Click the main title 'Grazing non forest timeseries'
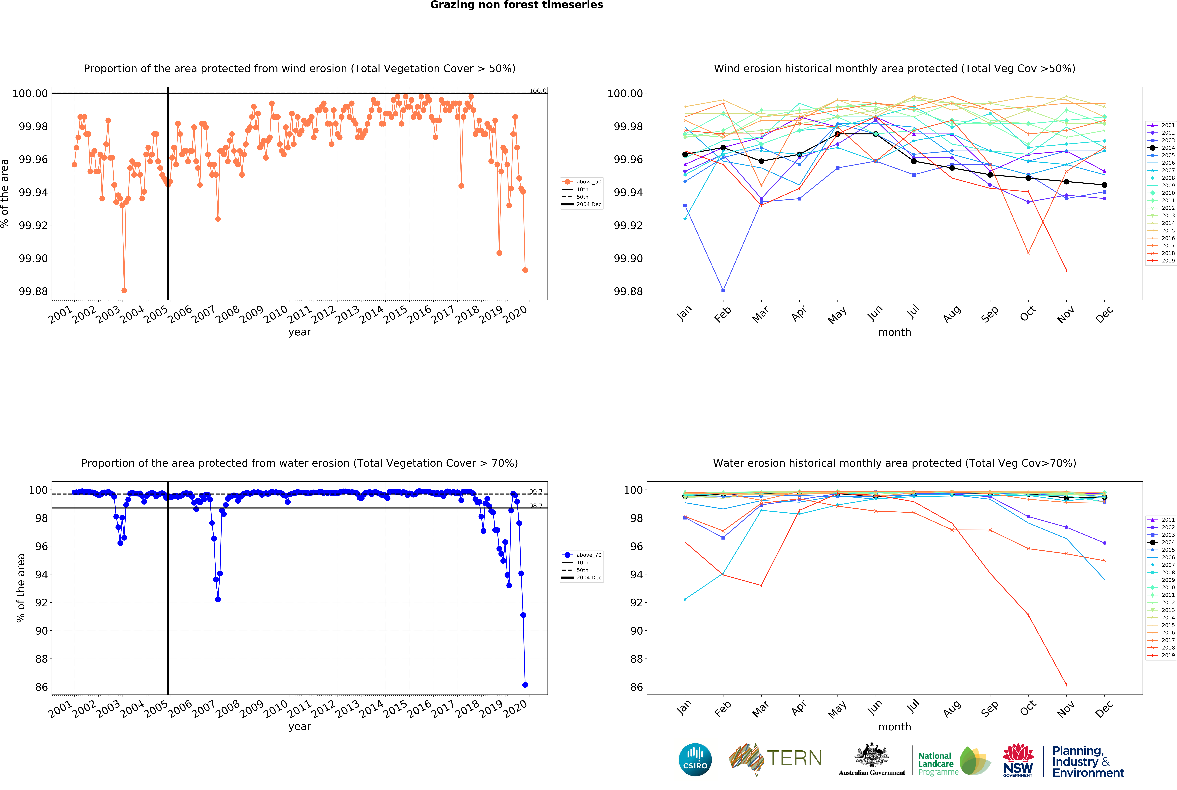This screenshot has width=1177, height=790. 516,5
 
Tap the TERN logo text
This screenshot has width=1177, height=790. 794,758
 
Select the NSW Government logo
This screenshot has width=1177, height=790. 1018,760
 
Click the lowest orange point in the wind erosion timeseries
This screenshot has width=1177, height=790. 124,290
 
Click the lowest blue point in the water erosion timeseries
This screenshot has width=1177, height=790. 525,685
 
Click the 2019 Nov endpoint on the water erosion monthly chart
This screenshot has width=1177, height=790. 1066,685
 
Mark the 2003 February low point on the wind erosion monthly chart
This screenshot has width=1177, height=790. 723,290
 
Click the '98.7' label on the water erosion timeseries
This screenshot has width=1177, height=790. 536,506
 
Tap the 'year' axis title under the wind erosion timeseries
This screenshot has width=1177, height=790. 300,332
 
